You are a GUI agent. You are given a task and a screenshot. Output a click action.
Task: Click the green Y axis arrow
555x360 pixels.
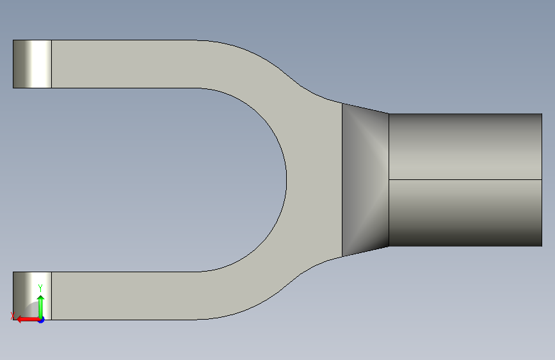(41, 306)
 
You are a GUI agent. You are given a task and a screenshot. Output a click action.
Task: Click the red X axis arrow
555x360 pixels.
(28, 320)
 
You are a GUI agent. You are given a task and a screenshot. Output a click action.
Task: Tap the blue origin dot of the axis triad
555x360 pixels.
(42, 320)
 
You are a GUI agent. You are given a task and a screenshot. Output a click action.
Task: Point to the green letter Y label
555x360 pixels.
(40, 288)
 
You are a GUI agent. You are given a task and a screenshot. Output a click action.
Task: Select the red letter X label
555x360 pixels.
(13, 316)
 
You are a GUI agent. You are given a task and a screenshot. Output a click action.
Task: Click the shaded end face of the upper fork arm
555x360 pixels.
(32, 64)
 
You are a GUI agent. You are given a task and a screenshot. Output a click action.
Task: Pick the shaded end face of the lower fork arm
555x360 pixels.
(32, 296)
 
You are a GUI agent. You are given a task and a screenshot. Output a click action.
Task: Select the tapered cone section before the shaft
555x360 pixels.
(366, 179)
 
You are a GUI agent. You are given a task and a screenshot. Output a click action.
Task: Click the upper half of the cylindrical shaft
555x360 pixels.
(465, 147)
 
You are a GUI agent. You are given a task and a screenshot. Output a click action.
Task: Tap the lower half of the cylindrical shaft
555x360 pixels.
(465, 213)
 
